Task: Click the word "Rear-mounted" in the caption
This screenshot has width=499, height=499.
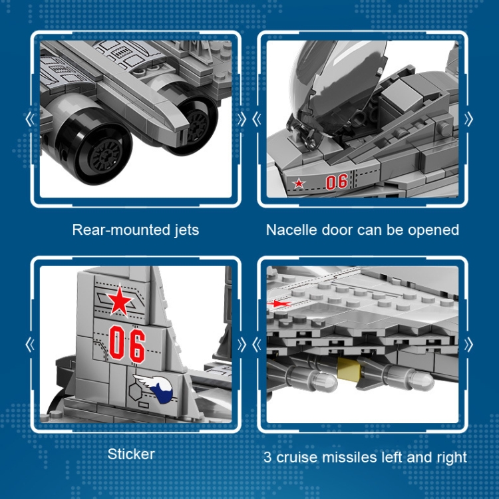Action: pos(122,230)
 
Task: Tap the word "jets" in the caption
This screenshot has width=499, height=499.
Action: pos(187,230)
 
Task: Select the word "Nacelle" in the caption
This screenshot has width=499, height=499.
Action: pos(291,230)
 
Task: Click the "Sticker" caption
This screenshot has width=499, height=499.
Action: pos(131,454)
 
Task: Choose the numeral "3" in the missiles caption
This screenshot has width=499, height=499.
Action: pos(268,458)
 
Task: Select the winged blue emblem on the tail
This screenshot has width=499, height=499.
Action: pos(155,389)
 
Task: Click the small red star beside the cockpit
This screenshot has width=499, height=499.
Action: pos(299,184)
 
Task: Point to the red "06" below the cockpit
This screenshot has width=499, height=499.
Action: pos(337,182)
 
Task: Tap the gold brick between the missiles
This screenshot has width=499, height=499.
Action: pos(349,368)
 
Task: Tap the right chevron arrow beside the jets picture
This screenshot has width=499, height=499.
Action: pos(242,119)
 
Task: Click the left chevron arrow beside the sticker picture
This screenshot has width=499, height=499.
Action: pos(30,345)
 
